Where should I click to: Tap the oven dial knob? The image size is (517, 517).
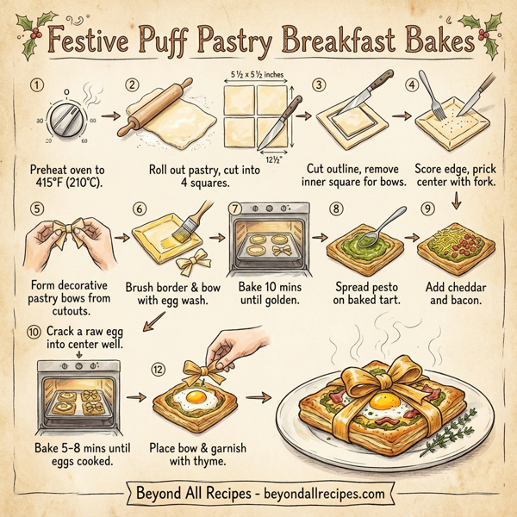[x=55, y=121]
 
